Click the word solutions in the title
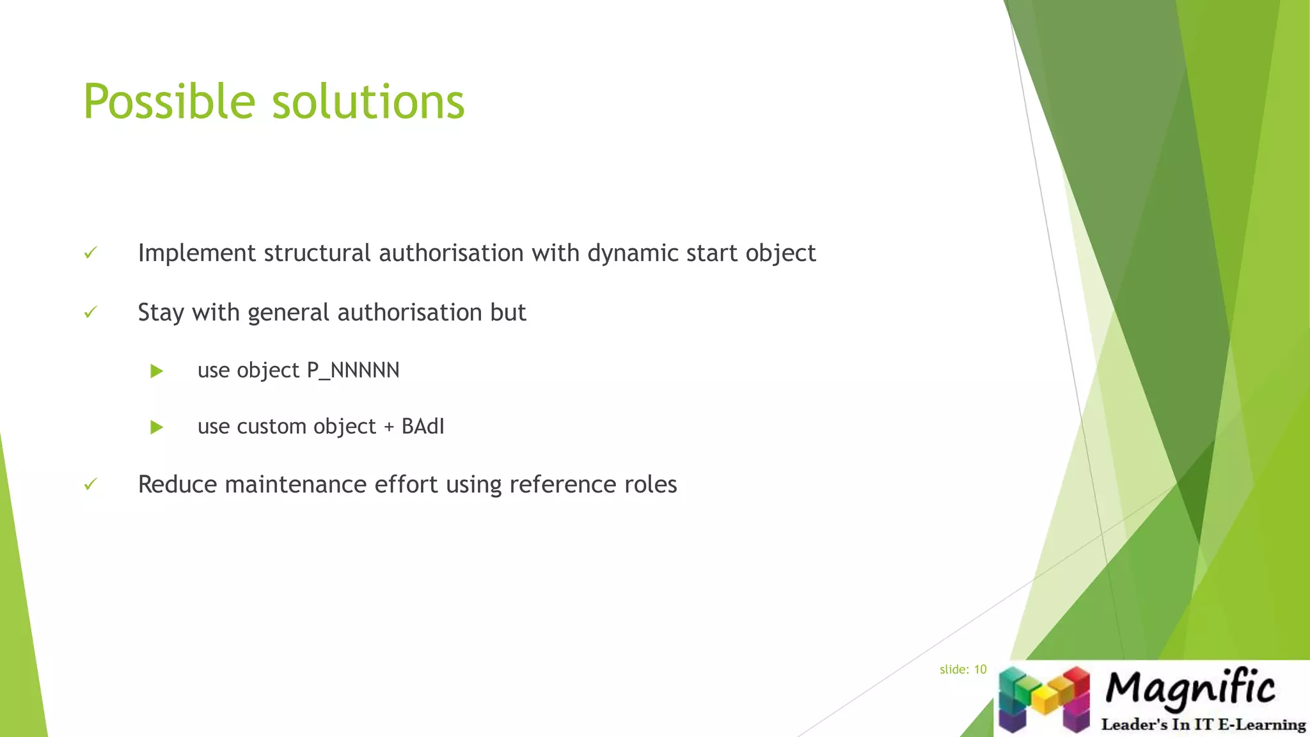point(368,102)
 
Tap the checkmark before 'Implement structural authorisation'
point(91,253)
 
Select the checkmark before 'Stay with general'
point(91,312)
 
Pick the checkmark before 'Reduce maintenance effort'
point(91,484)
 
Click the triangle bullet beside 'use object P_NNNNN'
point(157,371)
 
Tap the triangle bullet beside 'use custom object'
point(157,427)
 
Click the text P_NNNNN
point(353,370)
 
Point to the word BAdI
point(423,427)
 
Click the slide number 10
point(980,670)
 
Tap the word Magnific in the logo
point(1190,688)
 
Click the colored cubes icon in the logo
point(1044,699)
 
